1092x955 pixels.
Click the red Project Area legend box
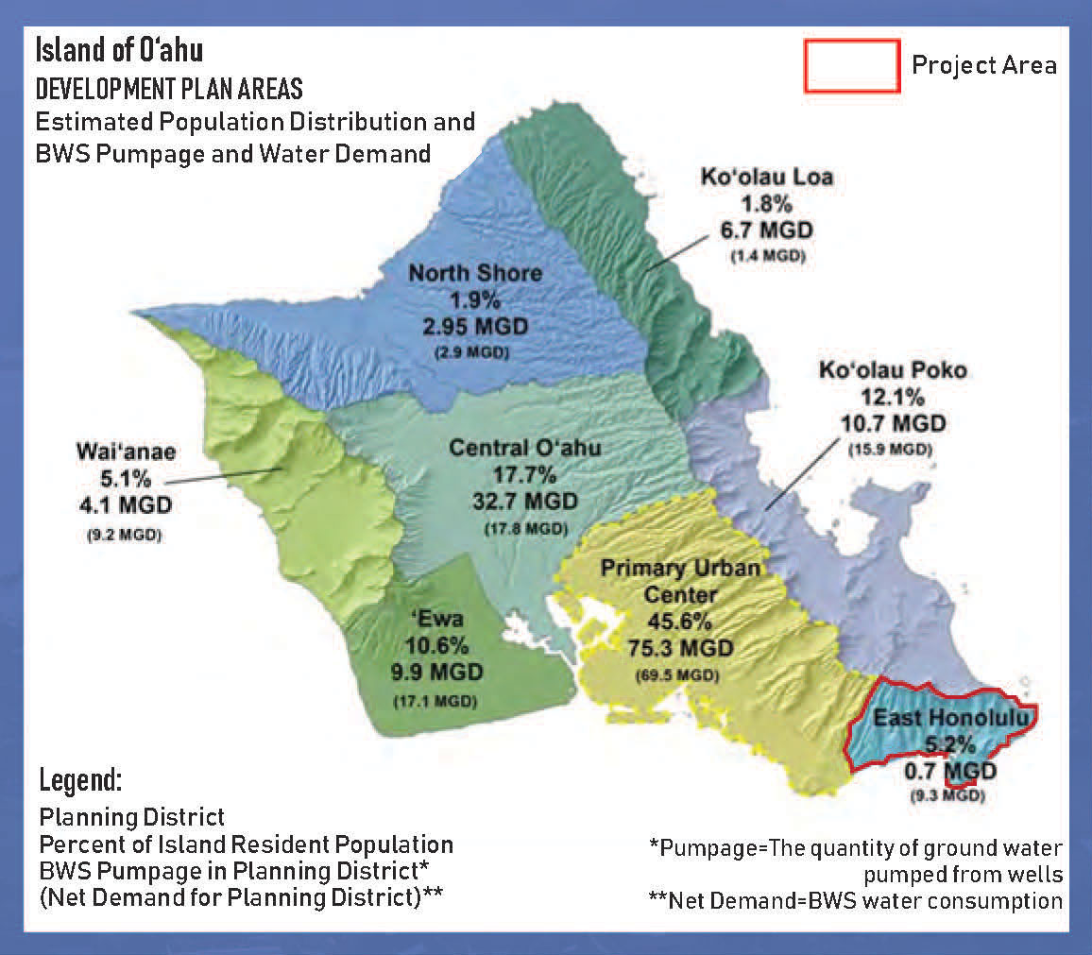point(850,65)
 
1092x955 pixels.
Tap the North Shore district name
point(475,273)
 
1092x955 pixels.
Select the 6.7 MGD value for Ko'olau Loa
point(766,230)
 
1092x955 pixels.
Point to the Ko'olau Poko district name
point(892,369)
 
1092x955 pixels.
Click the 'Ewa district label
point(435,620)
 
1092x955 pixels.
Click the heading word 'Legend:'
point(81,781)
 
